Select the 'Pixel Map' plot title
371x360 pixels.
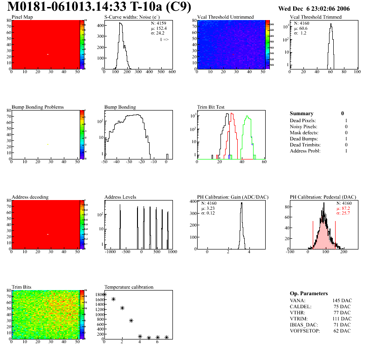(22, 17)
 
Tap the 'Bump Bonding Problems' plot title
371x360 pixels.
(38, 107)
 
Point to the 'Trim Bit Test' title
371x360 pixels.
(211, 107)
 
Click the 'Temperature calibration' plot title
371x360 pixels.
(129, 287)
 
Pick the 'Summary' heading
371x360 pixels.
(302, 113)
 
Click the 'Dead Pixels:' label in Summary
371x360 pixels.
(303, 121)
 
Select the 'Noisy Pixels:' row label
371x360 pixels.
(303, 127)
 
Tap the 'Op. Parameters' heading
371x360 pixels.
(309, 293)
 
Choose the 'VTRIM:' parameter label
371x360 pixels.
(299, 318)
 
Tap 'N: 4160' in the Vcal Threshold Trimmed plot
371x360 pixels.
(302, 23)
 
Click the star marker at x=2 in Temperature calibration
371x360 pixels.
(122, 308)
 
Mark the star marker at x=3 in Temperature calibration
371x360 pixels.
(131, 321)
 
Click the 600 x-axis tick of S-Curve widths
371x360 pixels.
(172, 72)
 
